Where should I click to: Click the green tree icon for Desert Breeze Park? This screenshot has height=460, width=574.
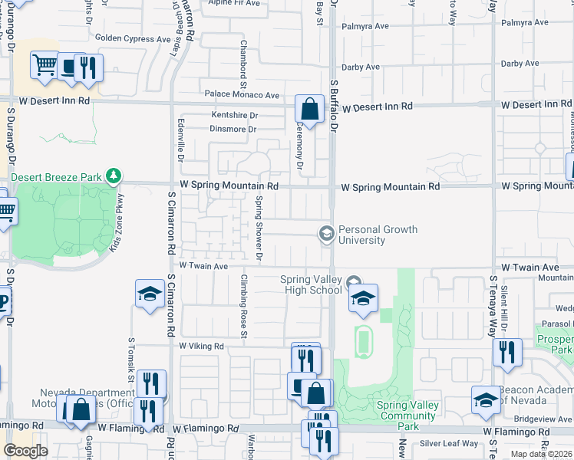[x=114, y=176]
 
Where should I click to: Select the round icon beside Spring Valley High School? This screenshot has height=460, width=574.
[x=353, y=284]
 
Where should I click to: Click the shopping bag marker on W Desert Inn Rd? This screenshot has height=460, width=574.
[x=309, y=109]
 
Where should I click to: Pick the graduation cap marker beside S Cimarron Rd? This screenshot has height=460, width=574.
[x=149, y=294]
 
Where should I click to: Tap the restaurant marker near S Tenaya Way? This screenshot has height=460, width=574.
[x=506, y=352]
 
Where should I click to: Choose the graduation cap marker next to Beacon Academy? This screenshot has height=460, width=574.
[x=485, y=400]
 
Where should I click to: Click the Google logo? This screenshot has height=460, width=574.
[x=25, y=451]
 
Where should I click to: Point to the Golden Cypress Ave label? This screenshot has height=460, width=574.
[x=132, y=38]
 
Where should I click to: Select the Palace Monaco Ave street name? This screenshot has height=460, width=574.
[x=242, y=95]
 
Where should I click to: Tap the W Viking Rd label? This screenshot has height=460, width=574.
[x=201, y=347]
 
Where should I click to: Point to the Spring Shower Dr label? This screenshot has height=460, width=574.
[x=259, y=227]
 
